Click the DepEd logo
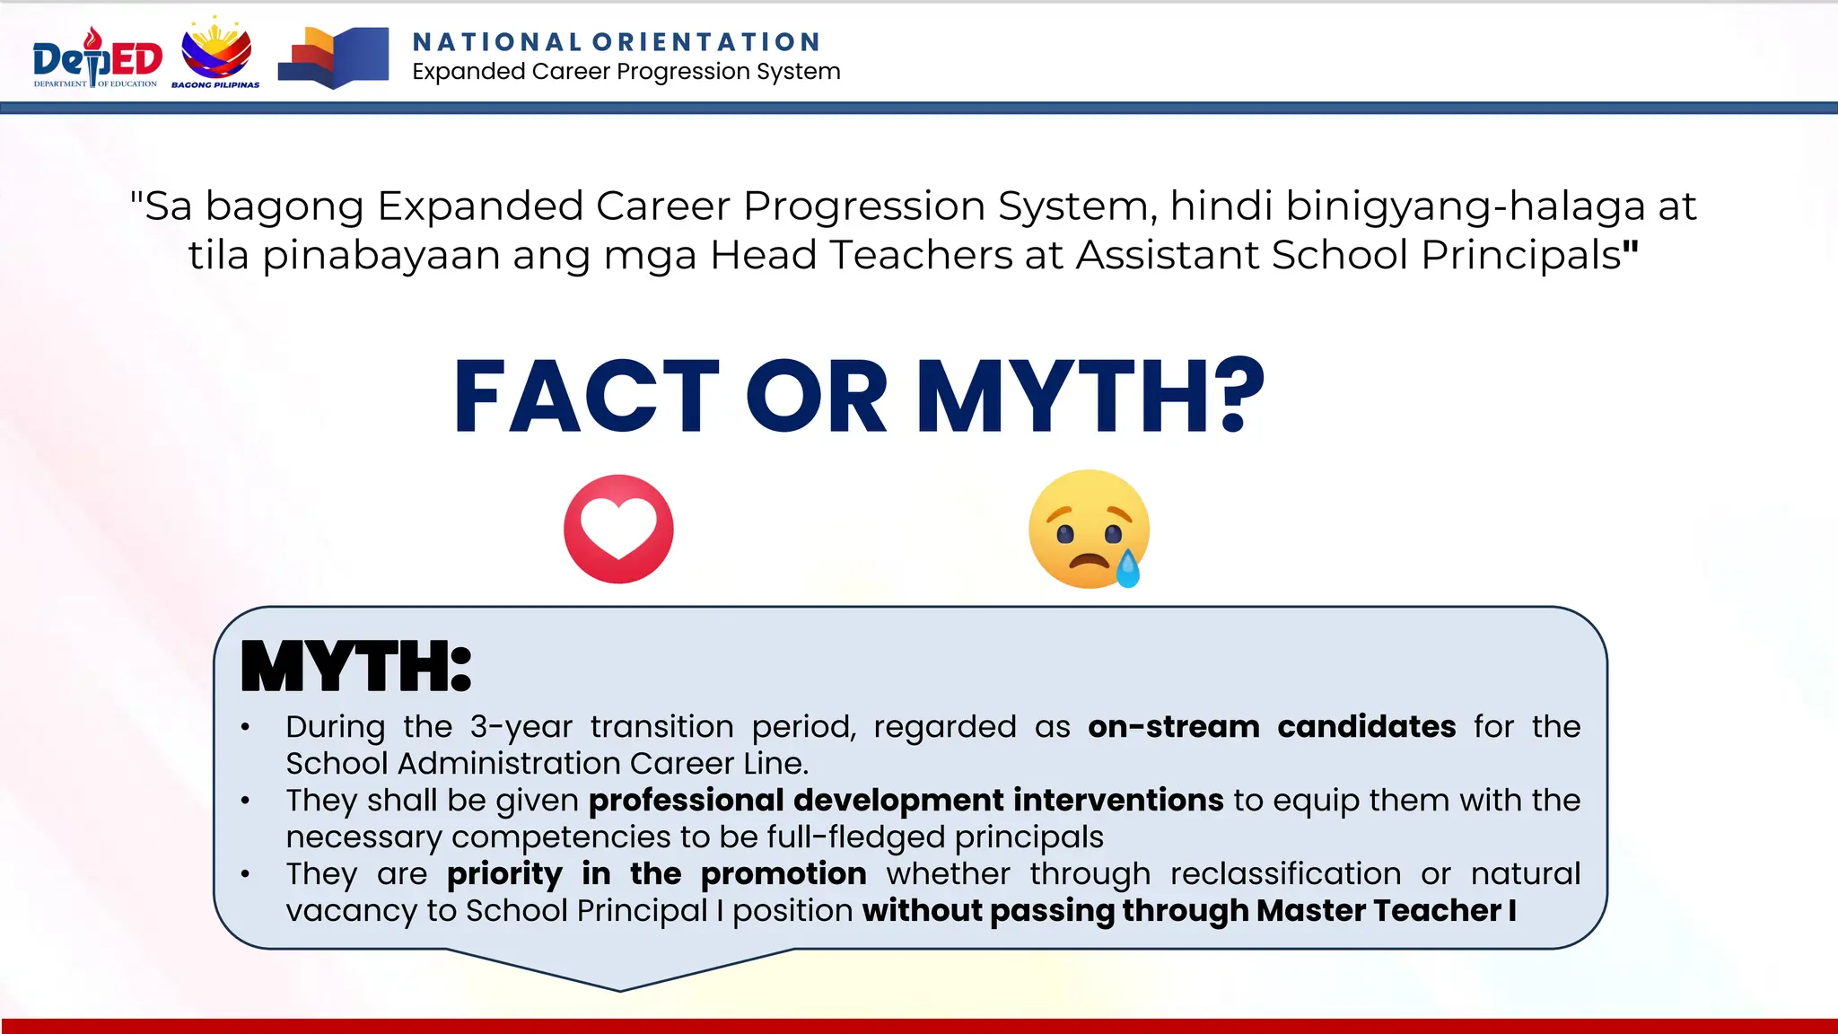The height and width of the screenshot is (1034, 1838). tap(97, 57)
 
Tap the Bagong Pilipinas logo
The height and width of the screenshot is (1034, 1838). tap(216, 54)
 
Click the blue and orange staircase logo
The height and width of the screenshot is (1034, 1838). tap(334, 57)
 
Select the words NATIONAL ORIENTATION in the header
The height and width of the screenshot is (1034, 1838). tap(617, 42)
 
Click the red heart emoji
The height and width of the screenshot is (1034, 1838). tap(618, 529)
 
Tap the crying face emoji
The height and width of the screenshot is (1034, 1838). tap(1088, 529)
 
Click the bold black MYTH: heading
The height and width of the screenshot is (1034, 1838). tap(356, 667)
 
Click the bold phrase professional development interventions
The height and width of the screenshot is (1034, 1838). tap(906, 800)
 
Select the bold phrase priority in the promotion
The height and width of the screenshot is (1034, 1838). tap(656, 873)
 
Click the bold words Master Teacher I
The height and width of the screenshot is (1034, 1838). tap(1386, 910)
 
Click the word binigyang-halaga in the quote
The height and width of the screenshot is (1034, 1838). tap(1465, 206)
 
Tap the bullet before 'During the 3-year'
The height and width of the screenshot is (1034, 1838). tap(245, 727)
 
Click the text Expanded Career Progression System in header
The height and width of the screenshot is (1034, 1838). tap(626, 72)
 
